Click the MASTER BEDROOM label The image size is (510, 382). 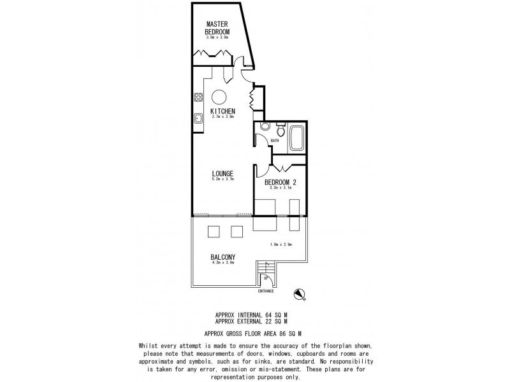pos(217,28)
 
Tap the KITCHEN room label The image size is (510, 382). pos(222,111)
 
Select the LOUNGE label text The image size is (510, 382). pos(222,173)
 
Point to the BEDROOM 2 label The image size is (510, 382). pos(281,181)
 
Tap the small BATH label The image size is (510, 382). pos(275,141)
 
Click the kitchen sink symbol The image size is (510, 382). pos(198,118)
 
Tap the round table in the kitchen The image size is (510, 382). pos(219,97)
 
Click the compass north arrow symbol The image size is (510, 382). pos(300,293)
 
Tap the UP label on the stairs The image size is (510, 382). pos(265,278)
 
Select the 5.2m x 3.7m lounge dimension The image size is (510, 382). pos(222,180)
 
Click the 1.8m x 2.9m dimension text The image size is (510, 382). pos(281,244)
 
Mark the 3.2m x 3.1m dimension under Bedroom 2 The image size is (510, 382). pos(281,188)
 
